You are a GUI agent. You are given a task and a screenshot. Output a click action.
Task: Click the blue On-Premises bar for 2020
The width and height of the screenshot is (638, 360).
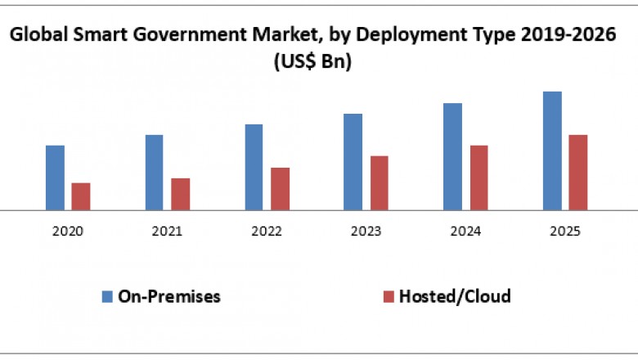pyautogui.click(x=55, y=178)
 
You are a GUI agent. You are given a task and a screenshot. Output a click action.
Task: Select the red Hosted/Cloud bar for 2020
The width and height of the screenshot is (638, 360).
pyautogui.click(x=81, y=196)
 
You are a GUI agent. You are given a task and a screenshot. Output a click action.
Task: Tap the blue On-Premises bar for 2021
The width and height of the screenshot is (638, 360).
pyautogui.click(x=155, y=173)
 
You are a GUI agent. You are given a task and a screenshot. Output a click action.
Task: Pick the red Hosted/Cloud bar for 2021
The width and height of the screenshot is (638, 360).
pyautogui.click(x=181, y=194)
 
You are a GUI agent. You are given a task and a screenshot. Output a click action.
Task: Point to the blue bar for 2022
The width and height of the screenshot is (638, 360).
pyautogui.click(x=254, y=167)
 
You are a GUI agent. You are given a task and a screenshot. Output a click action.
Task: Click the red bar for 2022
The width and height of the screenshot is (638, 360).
pyautogui.click(x=280, y=189)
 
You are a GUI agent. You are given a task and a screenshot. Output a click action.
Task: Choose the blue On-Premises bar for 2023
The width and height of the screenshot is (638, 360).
pyautogui.click(x=353, y=162)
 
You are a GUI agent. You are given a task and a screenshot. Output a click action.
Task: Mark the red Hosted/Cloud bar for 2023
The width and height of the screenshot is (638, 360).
pyautogui.click(x=380, y=183)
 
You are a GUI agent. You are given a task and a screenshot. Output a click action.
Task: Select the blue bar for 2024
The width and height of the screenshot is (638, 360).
pyautogui.click(x=452, y=156)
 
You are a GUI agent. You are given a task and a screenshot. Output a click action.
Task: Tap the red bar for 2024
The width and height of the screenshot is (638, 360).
pyautogui.click(x=478, y=178)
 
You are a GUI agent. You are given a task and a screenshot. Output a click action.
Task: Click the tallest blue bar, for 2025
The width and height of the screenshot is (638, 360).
pyautogui.click(x=552, y=151)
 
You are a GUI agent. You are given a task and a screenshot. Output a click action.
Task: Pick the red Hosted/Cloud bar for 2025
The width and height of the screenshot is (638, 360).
pyautogui.click(x=578, y=173)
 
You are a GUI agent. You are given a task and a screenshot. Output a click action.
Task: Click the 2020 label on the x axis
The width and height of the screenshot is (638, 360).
pyautogui.click(x=68, y=232)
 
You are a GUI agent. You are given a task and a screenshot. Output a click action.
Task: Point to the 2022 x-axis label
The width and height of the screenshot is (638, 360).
pyautogui.click(x=267, y=232)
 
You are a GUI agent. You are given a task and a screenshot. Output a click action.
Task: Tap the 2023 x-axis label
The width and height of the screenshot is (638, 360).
pyautogui.click(x=366, y=232)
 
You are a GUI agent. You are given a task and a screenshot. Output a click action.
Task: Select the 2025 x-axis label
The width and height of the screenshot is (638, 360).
pyautogui.click(x=565, y=232)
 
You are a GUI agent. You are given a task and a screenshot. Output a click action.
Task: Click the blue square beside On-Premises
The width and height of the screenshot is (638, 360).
pyautogui.click(x=107, y=296)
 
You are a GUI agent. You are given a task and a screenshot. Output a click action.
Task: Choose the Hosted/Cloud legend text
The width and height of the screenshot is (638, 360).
pyautogui.click(x=455, y=296)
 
